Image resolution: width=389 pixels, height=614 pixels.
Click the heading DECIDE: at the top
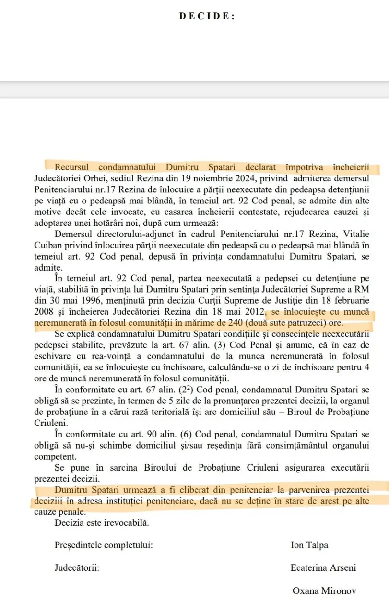pyautogui.click(x=207, y=16)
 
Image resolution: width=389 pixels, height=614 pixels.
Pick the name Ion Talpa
pyautogui.click(x=309, y=545)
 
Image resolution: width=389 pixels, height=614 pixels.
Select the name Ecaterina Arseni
pyautogui.click(x=323, y=568)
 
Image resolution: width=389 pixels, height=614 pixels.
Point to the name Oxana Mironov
pyautogui.click(x=324, y=590)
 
